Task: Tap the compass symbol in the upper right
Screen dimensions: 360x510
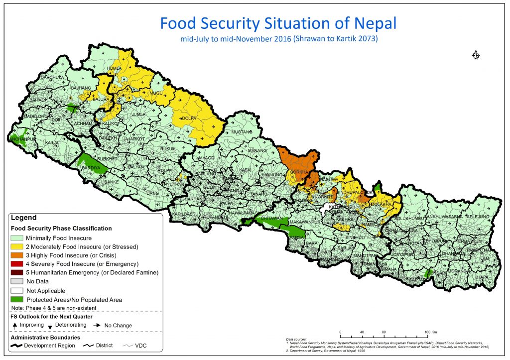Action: point(475,55)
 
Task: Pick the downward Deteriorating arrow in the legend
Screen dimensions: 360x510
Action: point(51,326)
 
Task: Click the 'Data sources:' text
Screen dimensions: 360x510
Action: point(297,339)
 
